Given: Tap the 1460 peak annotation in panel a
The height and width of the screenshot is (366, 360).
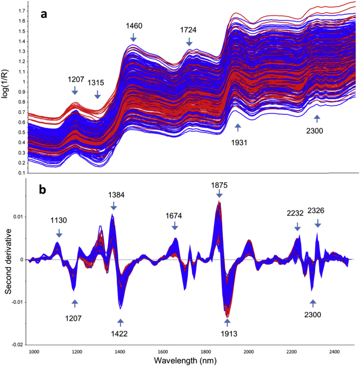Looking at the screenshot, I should point(134,26).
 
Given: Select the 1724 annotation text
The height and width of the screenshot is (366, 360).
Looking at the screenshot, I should point(189,30).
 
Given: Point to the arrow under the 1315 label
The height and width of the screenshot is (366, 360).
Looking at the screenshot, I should point(97,94).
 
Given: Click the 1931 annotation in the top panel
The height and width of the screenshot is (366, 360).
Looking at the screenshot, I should point(238,143).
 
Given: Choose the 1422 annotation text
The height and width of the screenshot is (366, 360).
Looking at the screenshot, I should point(120,334).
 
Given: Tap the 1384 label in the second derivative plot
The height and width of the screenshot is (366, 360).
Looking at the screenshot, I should point(114,195).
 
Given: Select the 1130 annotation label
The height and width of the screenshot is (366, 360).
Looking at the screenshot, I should point(59,220).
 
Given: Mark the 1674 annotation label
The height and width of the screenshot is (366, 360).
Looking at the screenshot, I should point(176,216).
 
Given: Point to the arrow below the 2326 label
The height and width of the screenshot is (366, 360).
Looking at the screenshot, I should point(318,223).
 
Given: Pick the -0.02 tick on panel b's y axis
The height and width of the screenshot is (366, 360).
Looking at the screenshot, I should point(16,344).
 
